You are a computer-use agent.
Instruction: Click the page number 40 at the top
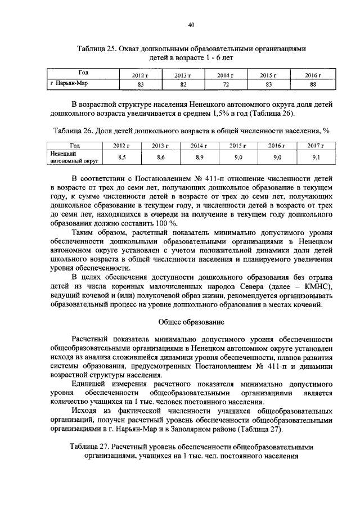point(191,25)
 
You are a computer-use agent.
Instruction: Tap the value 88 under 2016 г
point(313,84)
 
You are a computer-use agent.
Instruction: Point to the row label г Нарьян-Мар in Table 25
point(69,83)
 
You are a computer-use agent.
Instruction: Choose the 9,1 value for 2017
point(316,157)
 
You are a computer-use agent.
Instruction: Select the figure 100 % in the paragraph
point(161,223)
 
